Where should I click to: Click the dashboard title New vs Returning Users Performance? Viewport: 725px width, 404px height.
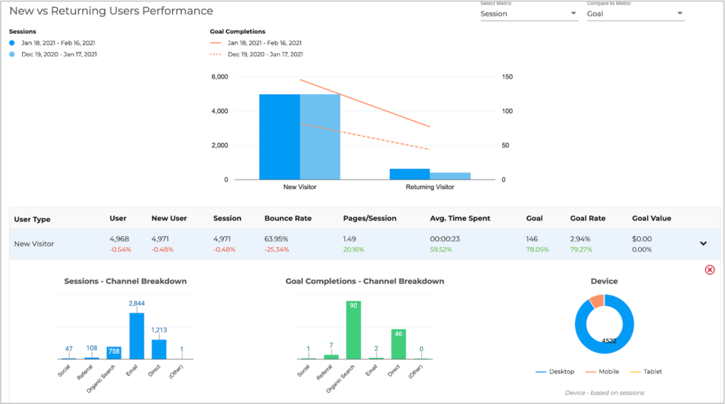[111, 11]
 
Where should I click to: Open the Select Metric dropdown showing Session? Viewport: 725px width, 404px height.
[528, 13]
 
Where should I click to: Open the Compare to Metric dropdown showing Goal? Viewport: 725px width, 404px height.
[634, 13]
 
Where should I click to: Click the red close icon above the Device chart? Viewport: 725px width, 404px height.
[709, 270]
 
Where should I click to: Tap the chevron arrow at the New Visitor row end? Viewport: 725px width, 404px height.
[703, 243]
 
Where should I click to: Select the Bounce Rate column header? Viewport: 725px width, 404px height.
[287, 219]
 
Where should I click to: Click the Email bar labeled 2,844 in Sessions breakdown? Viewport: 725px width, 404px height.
[137, 336]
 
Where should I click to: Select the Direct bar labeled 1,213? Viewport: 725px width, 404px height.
[159, 349]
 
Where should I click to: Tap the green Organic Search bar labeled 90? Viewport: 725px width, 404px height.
[353, 330]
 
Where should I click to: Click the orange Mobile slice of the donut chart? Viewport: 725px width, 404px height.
[596, 301]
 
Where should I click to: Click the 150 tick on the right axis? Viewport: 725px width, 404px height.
[508, 76]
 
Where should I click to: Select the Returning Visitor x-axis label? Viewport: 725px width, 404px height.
[430, 187]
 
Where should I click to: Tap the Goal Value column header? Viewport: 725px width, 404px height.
[651, 219]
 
